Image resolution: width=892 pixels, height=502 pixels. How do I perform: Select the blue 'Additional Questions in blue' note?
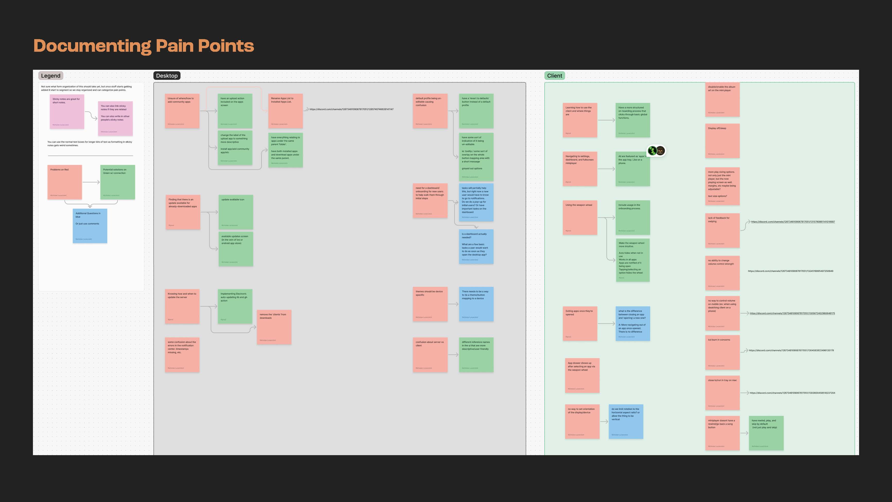point(90,226)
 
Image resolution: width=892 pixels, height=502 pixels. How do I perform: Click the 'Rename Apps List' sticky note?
point(285,111)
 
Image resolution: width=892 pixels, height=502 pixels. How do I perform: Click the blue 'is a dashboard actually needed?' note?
point(476,247)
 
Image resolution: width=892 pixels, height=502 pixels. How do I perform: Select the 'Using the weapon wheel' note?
point(580,218)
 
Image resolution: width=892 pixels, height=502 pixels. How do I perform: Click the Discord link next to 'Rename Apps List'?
point(351,109)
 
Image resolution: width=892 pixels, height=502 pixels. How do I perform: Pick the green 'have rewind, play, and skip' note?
point(766,433)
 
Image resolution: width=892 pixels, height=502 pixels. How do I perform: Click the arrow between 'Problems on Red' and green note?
point(91,182)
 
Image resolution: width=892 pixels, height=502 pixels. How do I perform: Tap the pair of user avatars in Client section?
point(656,151)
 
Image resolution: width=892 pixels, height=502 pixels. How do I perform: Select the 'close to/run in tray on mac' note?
point(722,393)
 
